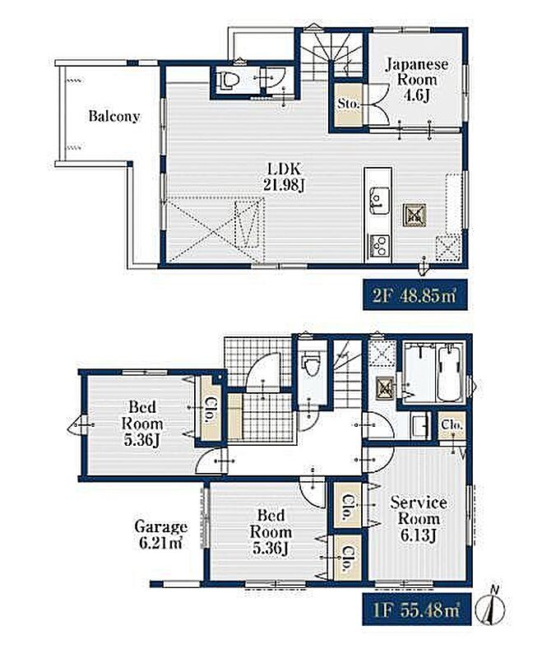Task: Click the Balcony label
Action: pos(113,116)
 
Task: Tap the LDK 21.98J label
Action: pos(284,177)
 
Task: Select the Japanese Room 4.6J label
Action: pos(416,80)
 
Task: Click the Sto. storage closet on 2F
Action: pos(349,104)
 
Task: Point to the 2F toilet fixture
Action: pos(227,80)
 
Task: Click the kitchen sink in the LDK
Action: pos(378,199)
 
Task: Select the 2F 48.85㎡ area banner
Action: pos(415,295)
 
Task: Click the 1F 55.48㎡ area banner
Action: pos(417,609)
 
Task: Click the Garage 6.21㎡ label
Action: pos(160,534)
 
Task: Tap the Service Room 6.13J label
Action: pos(419,519)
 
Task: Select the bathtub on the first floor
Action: pos(451,373)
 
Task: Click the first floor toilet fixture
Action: pos(311,364)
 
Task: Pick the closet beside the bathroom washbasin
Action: pos(452,425)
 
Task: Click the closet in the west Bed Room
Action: pos(211,408)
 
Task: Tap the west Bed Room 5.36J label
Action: pos(141,424)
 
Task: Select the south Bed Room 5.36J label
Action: pos(271,532)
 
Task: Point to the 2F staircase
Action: pos(331,54)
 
